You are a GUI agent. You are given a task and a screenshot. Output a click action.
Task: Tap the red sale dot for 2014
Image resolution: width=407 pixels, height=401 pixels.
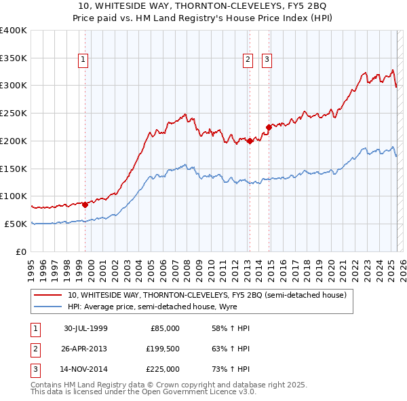coord(269,127)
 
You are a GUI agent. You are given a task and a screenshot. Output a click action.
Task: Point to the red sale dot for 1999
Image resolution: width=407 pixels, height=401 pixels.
coord(85,204)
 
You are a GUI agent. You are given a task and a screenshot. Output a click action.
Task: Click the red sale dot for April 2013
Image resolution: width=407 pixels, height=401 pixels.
coord(250,141)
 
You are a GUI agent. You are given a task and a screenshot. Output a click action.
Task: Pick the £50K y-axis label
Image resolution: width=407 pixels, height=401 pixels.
coord(15,224)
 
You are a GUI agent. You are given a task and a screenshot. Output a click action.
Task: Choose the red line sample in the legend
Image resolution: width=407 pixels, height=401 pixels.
coord(48,295)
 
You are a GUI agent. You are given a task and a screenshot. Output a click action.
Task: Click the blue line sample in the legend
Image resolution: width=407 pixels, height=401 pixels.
coord(48,307)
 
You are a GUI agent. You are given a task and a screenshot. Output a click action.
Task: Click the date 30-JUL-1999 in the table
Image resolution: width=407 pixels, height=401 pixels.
coord(85,328)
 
